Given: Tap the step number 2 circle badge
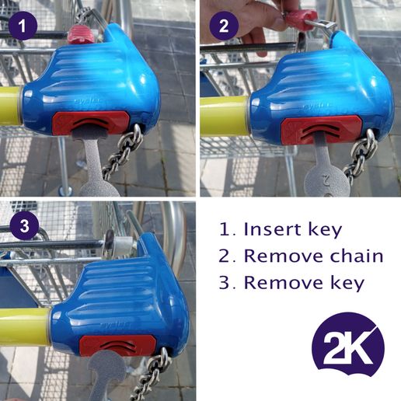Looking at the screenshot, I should [x=225, y=27].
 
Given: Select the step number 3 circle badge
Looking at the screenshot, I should [x=24, y=227].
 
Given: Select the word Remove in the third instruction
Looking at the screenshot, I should [x=279, y=283].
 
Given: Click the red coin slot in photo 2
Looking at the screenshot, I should [x=320, y=128].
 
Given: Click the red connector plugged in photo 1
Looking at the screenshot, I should [x=80, y=33].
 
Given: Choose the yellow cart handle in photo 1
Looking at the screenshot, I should [x=10, y=103].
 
